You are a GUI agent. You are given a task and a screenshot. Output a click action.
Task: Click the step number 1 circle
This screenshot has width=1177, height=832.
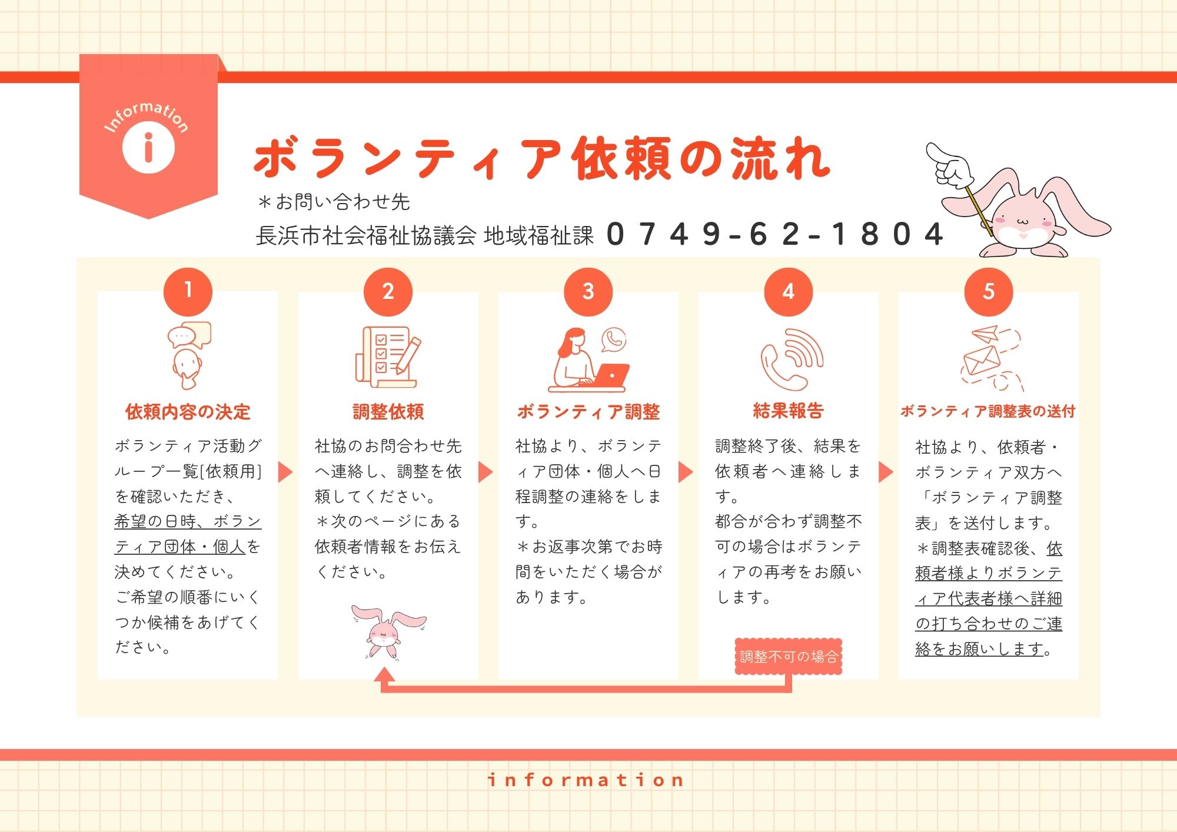click(x=188, y=291)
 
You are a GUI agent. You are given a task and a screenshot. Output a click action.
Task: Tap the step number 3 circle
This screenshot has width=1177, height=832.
click(x=588, y=291)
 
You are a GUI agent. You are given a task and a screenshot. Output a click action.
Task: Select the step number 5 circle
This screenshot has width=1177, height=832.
click(x=989, y=291)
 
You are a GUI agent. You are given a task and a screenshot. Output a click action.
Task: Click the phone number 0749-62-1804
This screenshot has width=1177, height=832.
click(x=774, y=234)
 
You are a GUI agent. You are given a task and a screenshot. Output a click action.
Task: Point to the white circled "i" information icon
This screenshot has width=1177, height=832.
click(x=148, y=147)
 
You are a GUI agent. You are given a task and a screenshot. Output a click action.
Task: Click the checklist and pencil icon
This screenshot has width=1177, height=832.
click(x=388, y=357)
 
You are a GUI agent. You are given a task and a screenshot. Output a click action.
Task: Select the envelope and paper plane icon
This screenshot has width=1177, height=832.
click(x=991, y=358)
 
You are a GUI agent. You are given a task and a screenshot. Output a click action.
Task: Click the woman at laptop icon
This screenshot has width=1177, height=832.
click(x=588, y=360)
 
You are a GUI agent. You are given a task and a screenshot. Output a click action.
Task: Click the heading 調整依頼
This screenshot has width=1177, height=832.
click(x=388, y=412)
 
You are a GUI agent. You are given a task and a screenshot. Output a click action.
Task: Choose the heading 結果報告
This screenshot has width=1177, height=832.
click(x=788, y=411)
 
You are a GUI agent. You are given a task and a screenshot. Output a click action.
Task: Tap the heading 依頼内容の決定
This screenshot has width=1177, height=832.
click(x=188, y=412)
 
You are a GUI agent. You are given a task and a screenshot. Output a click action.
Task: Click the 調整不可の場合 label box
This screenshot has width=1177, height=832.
click(x=789, y=657)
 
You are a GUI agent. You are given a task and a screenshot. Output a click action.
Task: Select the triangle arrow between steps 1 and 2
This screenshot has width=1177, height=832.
click(x=285, y=472)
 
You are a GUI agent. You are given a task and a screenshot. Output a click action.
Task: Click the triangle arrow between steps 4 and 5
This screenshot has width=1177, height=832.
click(x=886, y=472)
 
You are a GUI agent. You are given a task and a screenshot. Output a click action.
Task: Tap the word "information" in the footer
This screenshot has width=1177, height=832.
click(x=586, y=780)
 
